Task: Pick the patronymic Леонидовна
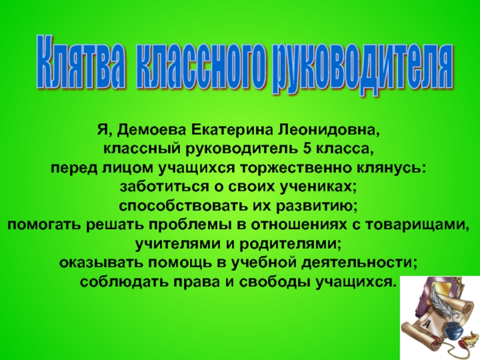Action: pyautogui.click(x=328, y=131)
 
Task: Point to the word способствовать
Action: pyautogui.click(x=183, y=206)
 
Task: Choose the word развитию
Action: pyautogui.click(x=316, y=206)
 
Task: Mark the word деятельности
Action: pyautogui.click(x=359, y=263)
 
